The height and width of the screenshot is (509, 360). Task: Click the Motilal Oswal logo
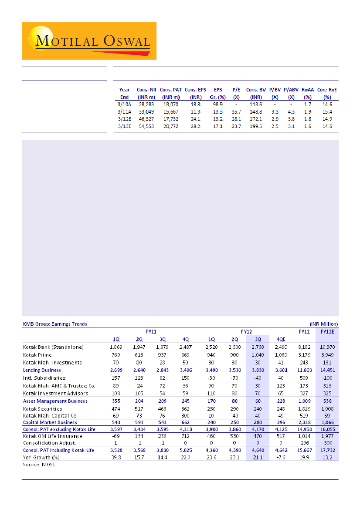pyautogui.click(x=89, y=41)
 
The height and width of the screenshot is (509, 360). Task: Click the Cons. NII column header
pyautogui.click(x=143, y=93)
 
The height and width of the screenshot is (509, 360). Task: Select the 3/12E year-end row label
pyautogui.click(x=124, y=119)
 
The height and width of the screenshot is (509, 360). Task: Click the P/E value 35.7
pyautogui.click(x=236, y=111)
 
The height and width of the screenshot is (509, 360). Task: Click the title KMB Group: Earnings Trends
pyautogui.click(x=55, y=324)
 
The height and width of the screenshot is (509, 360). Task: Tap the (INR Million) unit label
pyautogui.click(x=324, y=324)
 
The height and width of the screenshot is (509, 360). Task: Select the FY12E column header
pyautogui.click(x=327, y=331)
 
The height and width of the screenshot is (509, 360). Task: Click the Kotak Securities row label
pyautogui.click(x=42, y=409)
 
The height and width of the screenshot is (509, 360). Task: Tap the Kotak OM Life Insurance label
pyautogui.click(x=52, y=436)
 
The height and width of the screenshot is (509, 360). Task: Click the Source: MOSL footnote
pyautogui.click(x=39, y=465)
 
